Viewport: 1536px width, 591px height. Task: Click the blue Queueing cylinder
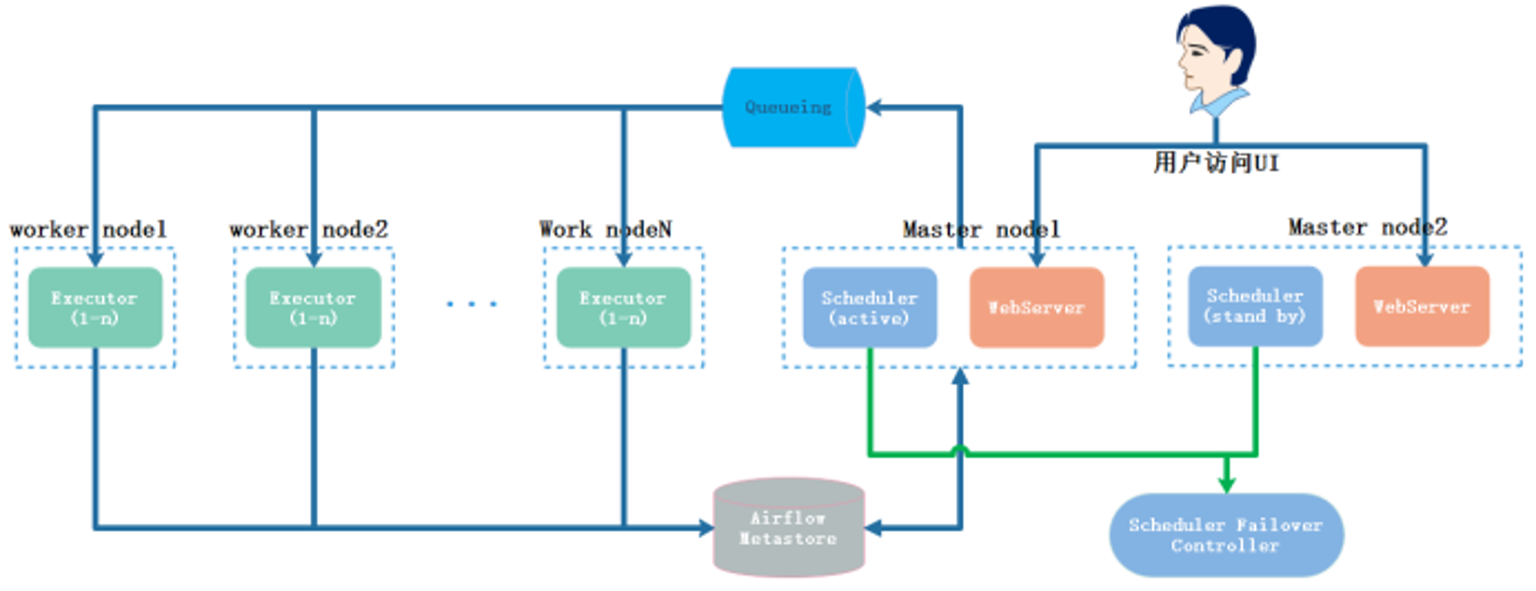[793, 107]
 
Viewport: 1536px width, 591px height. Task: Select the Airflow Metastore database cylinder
[789, 528]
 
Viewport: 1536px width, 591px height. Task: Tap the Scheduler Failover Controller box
[1226, 535]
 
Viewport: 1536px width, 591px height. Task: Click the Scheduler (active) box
[869, 307]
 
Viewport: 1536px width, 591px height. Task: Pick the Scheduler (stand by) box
[1255, 306]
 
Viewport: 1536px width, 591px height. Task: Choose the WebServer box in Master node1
[1037, 307]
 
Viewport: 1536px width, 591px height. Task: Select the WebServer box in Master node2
[1422, 306]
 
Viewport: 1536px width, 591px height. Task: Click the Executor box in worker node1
[95, 307]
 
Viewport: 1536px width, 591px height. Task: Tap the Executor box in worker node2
[313, 307]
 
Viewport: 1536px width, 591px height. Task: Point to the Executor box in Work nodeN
[624, 307]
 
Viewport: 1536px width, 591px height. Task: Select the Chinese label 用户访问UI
[1217, 163]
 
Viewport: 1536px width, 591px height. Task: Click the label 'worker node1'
[88, 230]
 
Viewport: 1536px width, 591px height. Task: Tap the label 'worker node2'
[309, 230]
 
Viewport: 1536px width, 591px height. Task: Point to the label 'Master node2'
[1368, 227]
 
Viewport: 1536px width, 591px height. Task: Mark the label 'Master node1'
[982, 230]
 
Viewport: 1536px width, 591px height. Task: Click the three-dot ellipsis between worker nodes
[472, 304]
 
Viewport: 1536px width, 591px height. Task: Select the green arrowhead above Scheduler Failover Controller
[1226, 483]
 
